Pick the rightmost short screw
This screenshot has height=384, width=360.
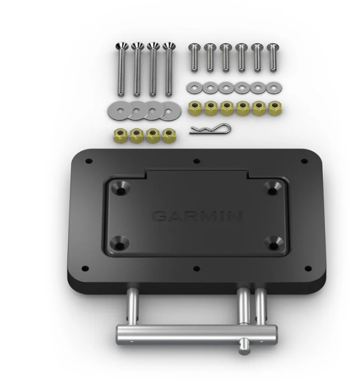[x=273, y=57]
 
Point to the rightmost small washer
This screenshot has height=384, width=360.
[x=274, y=88]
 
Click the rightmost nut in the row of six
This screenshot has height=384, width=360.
[x=275, y=107]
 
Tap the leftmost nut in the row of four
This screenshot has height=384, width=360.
[x=121, y=135]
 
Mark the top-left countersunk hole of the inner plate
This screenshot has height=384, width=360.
[x=122, y=188]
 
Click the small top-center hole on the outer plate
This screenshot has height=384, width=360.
[x=197, y=161]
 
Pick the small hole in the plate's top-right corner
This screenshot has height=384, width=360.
[x=304, y=161]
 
